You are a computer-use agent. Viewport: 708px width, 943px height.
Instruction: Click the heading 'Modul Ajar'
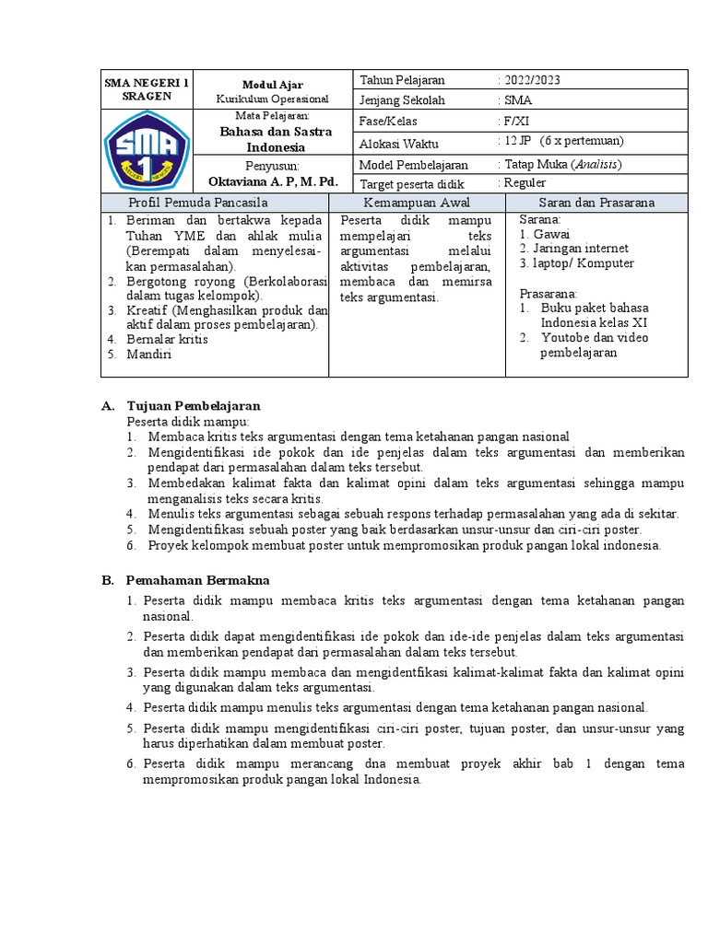[272, 84]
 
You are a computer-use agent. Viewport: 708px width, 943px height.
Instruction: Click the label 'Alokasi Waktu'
[399, 144]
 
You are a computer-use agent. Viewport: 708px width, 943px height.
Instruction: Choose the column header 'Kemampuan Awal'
[417, 203]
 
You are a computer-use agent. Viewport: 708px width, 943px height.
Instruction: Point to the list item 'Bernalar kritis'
[168, 339]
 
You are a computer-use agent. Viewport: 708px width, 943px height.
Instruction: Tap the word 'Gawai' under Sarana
[552, 234]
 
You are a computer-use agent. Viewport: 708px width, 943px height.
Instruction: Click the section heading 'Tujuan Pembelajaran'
[194, 406]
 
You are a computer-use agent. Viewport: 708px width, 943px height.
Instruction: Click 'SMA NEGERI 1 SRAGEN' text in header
[147, 89]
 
